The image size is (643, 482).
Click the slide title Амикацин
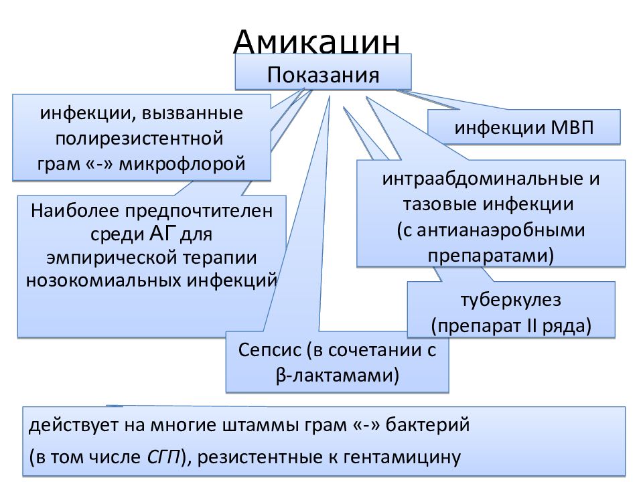[316, 41]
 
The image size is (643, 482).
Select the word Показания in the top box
[323, 75]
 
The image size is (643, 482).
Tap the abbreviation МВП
[572, 127]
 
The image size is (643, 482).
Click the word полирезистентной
[139, 138]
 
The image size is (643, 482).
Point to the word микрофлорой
[182, 163]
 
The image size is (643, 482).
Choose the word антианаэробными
[501, 230]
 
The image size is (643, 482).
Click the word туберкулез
[511, 300]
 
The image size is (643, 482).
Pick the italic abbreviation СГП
[163, 457]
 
